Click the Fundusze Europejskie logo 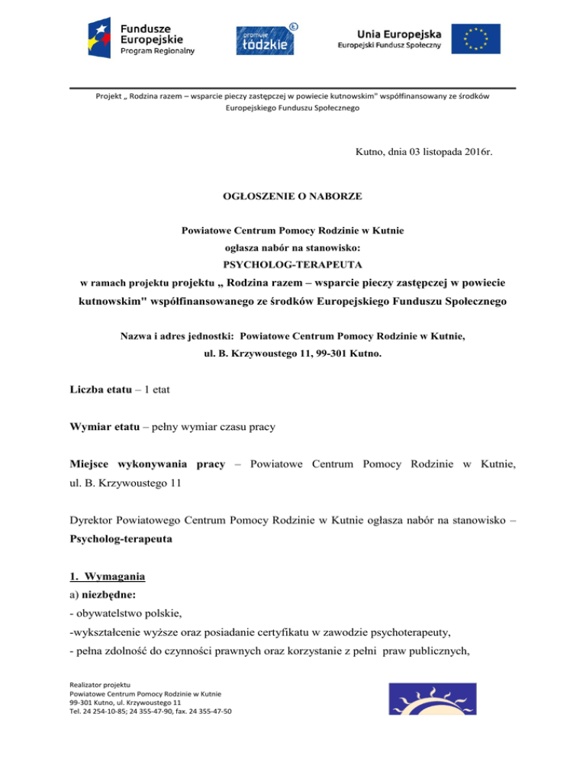(143, 39)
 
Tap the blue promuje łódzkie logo (265, 39)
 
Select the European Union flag (475, 39)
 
